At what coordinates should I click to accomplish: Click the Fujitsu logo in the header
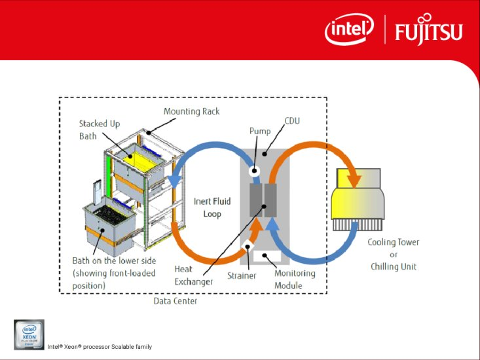point(428,30)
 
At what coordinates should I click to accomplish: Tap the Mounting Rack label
point(191,111)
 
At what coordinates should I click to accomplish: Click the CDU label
point(292,120)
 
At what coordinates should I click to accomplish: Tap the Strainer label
point(242,276)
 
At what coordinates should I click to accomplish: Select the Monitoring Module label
point(295,279)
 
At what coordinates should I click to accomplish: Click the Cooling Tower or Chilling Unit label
point(394,254)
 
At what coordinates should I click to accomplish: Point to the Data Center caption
point(175,301)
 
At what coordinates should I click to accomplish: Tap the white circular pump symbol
point(255,172)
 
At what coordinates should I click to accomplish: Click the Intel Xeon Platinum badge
point(29,335)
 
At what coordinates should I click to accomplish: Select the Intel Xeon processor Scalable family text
point(99,346)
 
